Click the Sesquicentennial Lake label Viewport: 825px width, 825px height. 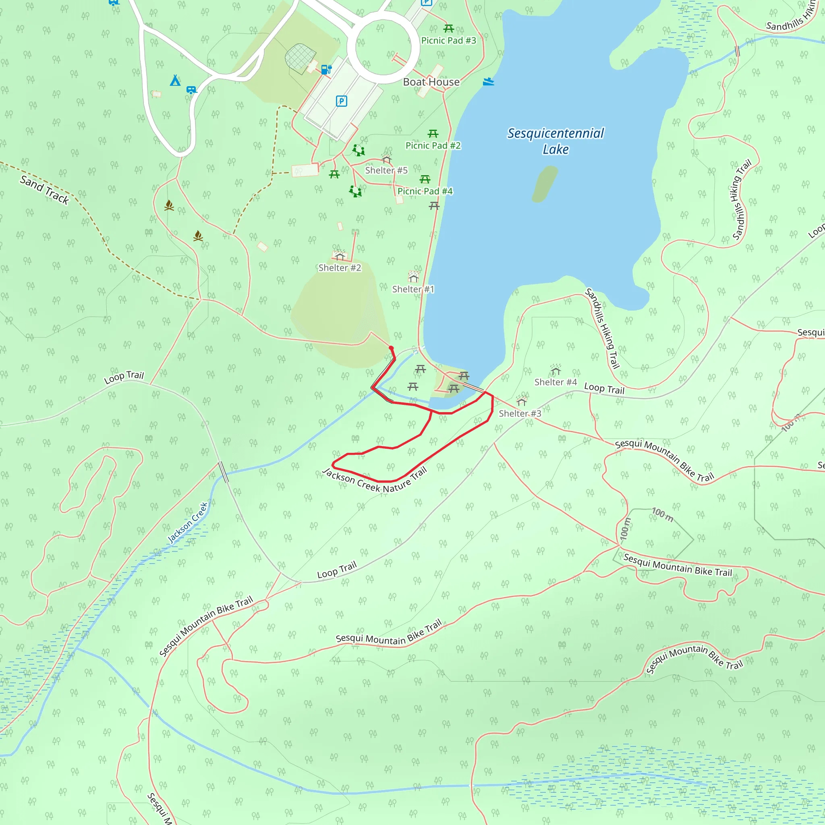[x=555, y=141]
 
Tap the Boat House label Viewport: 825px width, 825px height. [x=431, y=82]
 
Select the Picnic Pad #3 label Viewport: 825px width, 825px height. [x=448, y=41]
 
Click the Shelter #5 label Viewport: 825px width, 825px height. [x=386, y=170]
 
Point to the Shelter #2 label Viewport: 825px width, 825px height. [x=340, y=268]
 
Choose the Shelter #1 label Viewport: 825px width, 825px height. [x=413, y=289]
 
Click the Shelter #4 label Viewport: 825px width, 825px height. [x=555, y=382]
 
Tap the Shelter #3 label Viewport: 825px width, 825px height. [x=520, y=413]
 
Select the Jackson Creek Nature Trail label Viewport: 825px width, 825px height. [x=375, y=481]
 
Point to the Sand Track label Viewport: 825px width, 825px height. [x=44, y=190]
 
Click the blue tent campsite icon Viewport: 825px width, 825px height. [x=175, y=80]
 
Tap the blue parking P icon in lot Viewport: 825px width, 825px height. [x=341, y=101]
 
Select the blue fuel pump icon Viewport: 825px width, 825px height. [x=326, y=69]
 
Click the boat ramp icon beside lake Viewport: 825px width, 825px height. [x=488, y=81]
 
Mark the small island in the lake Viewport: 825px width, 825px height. [x=545, y=184]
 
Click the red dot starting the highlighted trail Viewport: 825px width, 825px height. [x=391, y=348]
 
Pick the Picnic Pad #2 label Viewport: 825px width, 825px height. [x=433, y=145]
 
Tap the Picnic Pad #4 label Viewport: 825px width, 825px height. [x=425, y=191]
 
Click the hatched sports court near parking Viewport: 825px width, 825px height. [x=300, y=56]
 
